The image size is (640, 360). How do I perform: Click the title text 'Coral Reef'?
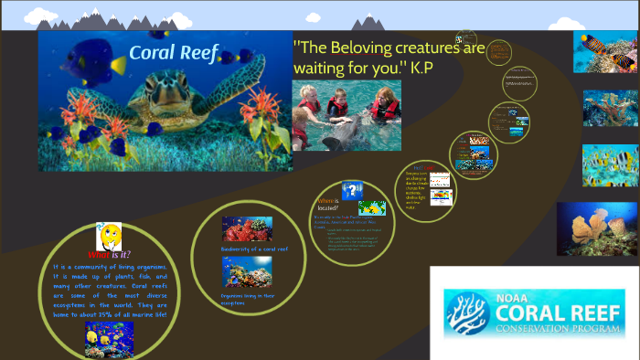(x=173, y=53)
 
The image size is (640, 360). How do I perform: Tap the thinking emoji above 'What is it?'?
(x=110, y=236)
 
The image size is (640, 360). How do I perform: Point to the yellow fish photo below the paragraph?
(x=109, y=338)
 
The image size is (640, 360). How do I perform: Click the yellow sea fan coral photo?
(x=597, y=228)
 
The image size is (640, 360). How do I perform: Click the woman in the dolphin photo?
(x=384, y=105)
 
